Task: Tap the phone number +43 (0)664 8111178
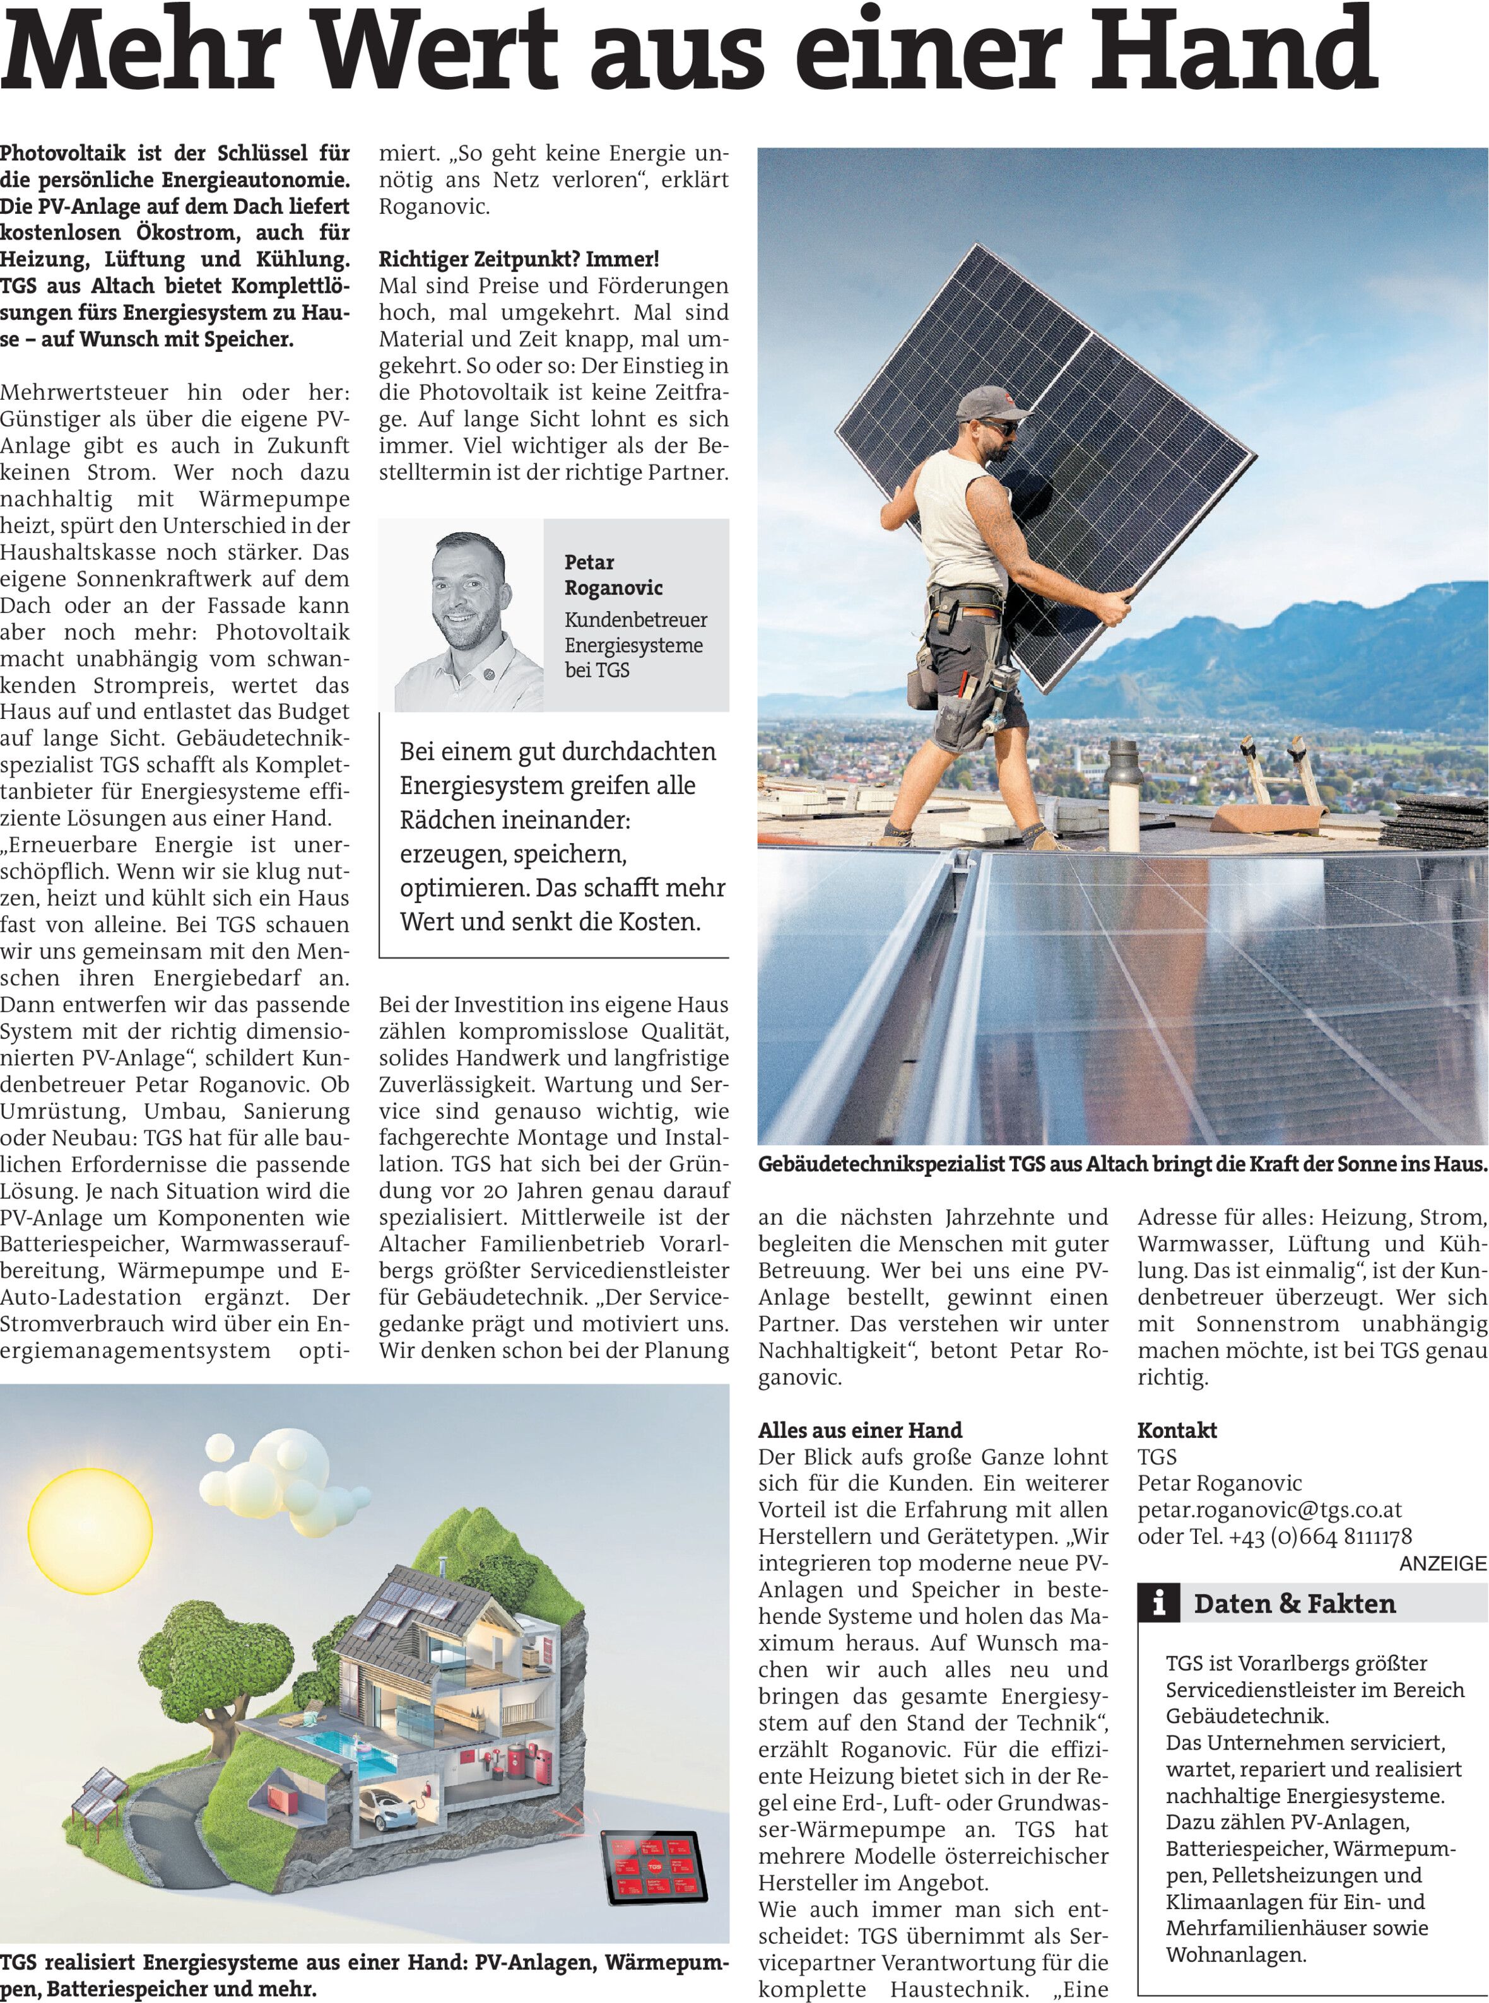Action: coord(1321,1536)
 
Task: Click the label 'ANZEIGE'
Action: coord(1442,1564)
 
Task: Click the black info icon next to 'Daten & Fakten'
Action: coord(1161,1603)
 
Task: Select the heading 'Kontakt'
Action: coord(1177,1430)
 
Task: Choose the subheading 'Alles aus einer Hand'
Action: coord(860,1430)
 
